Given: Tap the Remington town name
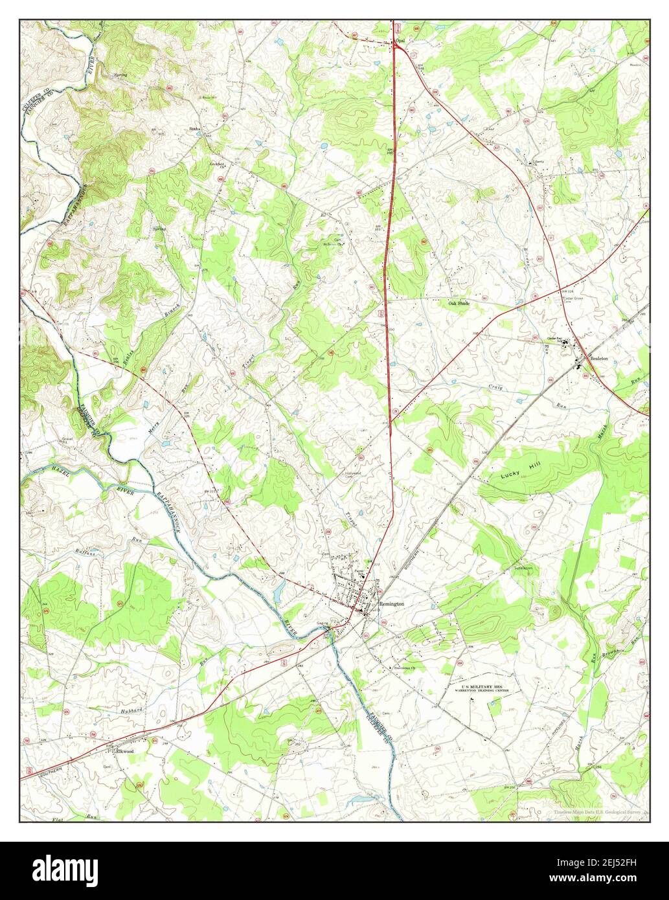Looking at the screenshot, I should (x=391, y=603).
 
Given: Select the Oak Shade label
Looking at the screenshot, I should (x=459, y=302).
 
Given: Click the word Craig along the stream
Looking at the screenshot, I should (x=495, y=387).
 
